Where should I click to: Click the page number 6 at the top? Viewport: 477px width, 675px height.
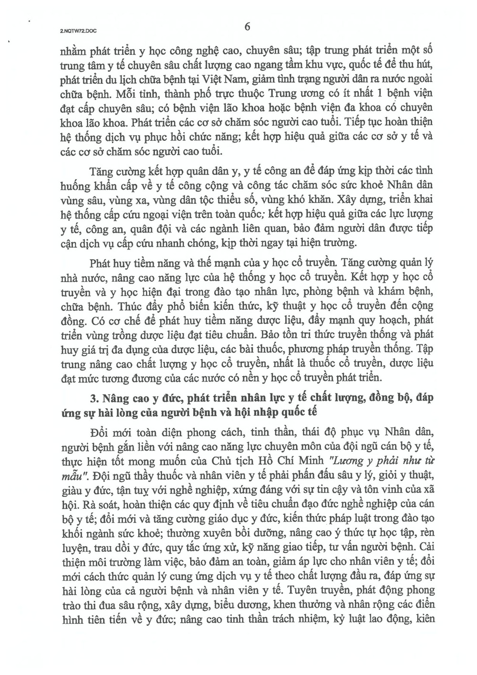(247, 27)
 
